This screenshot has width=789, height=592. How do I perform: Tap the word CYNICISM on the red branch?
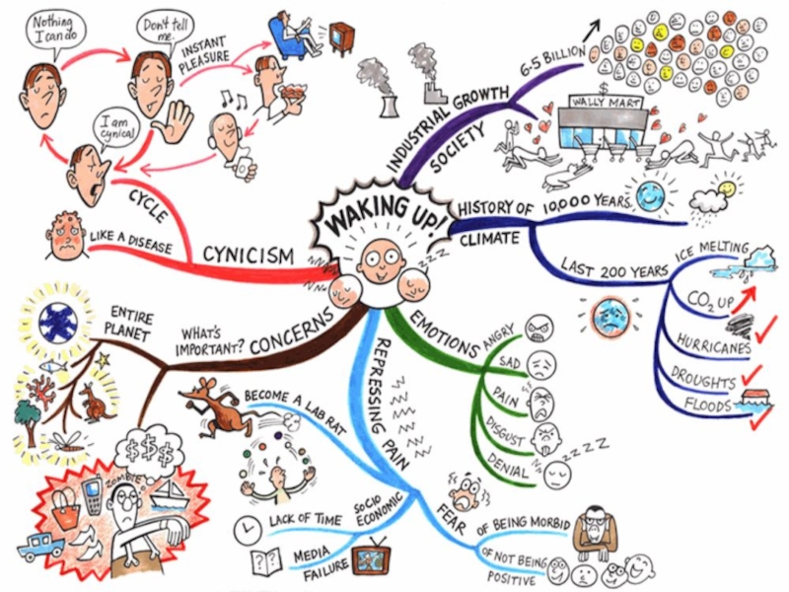[x=248, y=256]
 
